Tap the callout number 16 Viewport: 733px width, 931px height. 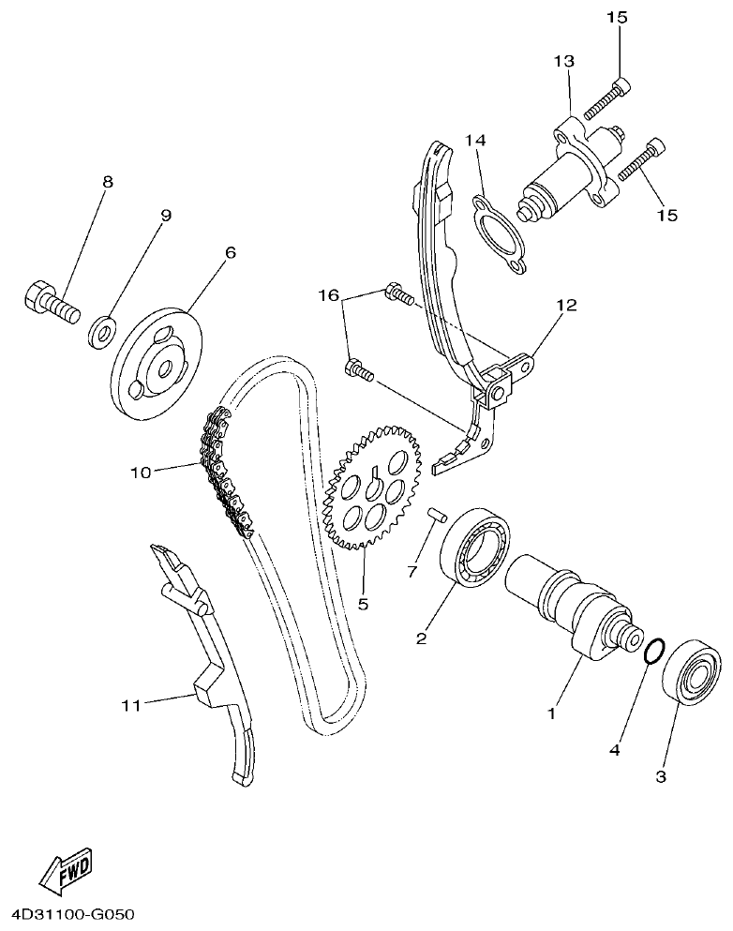tap(328, 295)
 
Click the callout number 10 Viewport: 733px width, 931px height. tap(140, 472)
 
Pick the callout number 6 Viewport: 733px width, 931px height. tap(230, 251)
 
